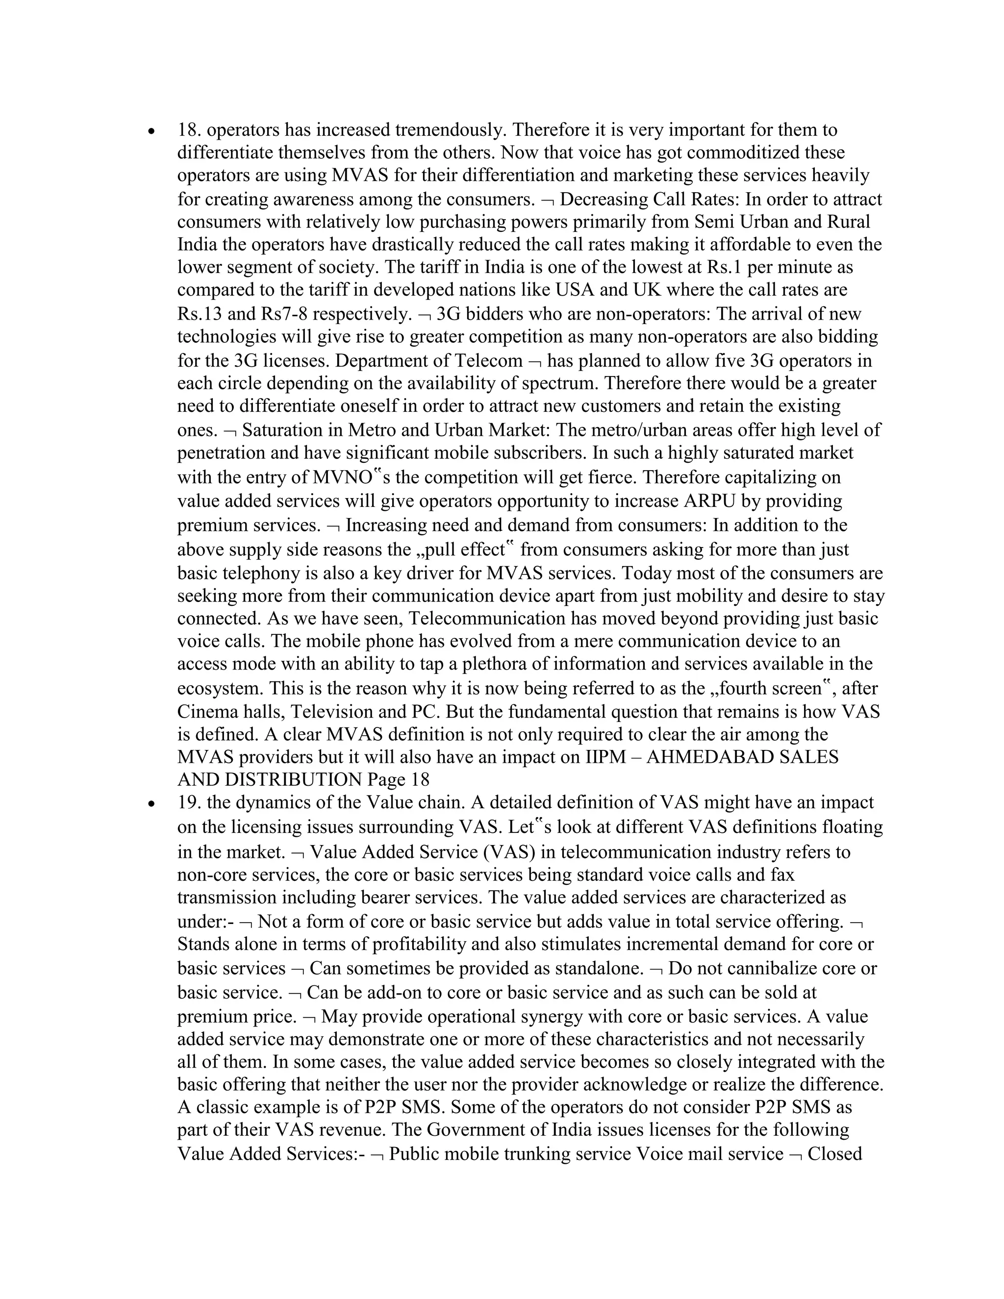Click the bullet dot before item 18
pos(153,131)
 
